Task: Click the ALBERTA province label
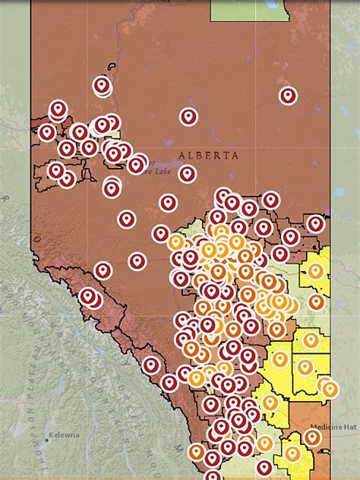tap(208, 156)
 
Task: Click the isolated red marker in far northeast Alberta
tap(287, 96)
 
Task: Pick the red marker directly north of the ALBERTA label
tap(188, 116)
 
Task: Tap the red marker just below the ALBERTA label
tap(188, 174)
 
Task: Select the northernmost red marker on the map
tap(102, 85)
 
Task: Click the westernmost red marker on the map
tap(47, 132)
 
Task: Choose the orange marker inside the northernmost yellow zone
tap(315, 270)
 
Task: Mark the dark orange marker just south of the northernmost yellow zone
tap(316, 302)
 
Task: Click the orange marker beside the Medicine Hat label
tap(312, 437)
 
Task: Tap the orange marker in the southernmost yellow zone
tap(292, 454)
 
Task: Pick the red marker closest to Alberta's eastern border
tap(315, 223)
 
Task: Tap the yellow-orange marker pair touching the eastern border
tap(328, 387)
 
